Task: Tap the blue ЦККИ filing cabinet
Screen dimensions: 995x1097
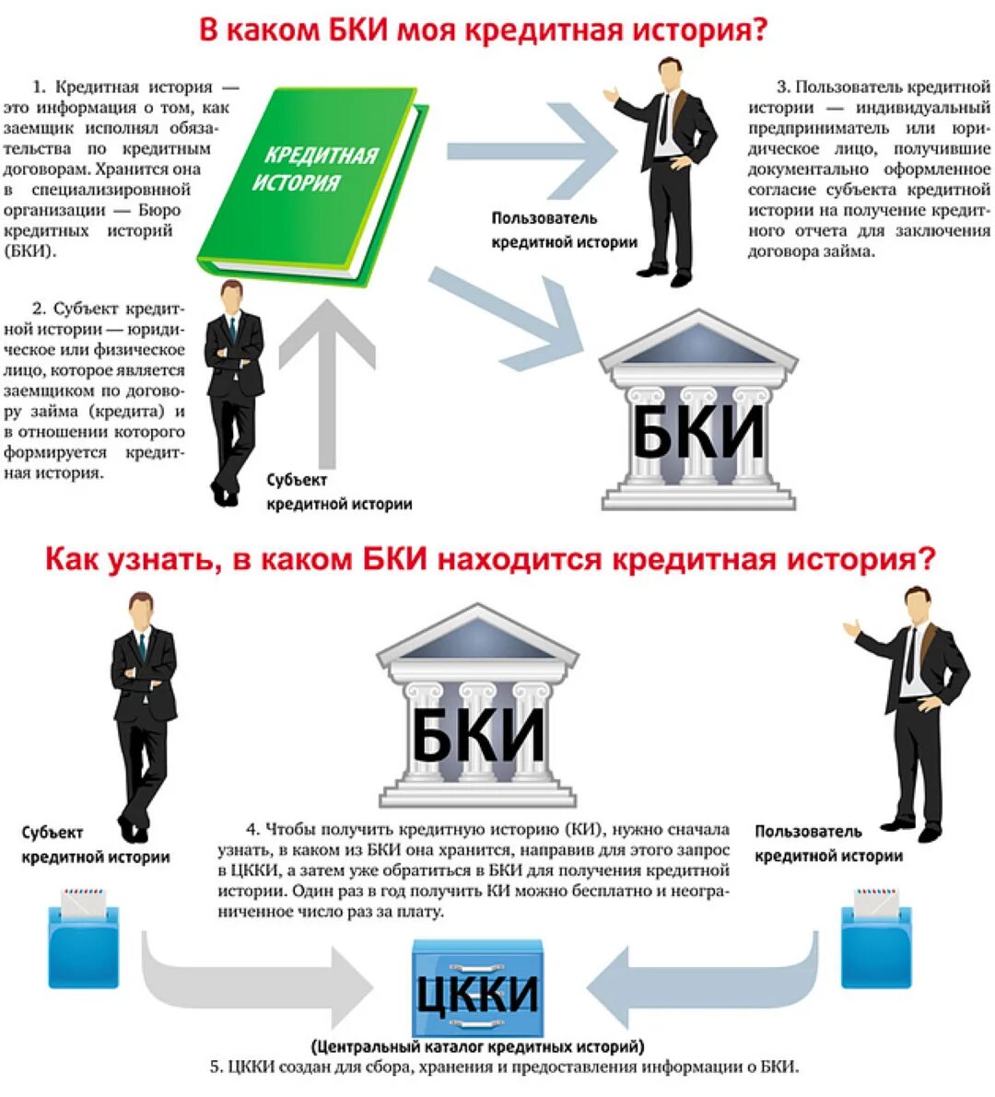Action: (x=477, y=989)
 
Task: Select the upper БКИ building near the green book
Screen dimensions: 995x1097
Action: (x=698, y=413)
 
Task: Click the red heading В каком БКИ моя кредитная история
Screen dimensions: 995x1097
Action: (x=484, y=30)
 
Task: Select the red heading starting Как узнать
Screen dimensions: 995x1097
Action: (x=490, y=559)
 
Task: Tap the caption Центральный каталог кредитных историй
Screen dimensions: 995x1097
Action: (x=477, y=1046)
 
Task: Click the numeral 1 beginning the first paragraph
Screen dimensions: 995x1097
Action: (x=39, y=88)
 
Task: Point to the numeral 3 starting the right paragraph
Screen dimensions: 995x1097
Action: (x=782, y=88)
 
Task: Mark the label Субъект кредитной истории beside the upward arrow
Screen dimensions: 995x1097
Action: (x=339, y=492)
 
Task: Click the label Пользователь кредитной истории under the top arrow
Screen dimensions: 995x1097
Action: (x=564, y=230)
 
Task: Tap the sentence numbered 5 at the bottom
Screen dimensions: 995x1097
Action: (x=504, y=1068)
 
